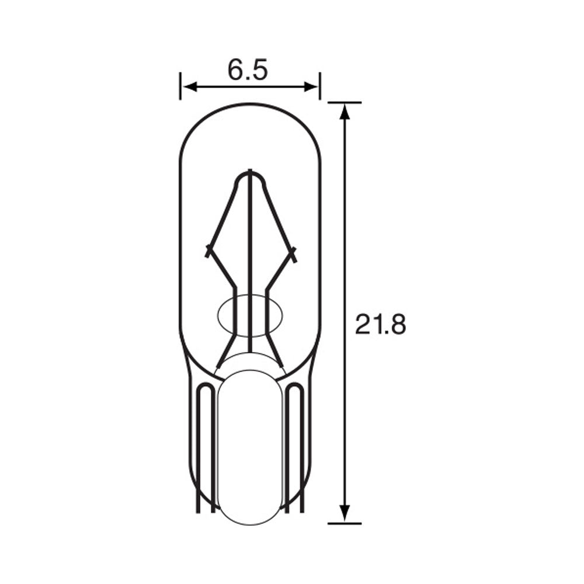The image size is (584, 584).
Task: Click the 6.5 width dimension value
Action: (x=248, y=71)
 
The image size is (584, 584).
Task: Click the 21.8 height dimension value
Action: (x=380, y=325)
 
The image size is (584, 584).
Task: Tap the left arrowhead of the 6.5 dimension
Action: (x=187, y=87)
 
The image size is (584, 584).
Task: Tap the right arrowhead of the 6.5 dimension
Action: (x=312, y=87)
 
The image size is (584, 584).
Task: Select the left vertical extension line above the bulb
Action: (x=180, y=86)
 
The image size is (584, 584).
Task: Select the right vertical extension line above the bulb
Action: (x=319, y=86)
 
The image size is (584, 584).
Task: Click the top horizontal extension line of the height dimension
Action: (x=345, y=102)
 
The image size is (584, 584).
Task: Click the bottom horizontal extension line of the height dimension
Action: (x=345, y=523)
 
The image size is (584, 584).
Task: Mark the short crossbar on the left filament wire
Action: (x=208, y=251)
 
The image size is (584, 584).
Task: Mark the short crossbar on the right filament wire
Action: (x=293, y=254)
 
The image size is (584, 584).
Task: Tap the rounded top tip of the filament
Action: (x=250, y=173)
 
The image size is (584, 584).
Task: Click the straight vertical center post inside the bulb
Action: (x=250, y=263)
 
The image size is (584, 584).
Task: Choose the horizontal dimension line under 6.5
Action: (x=250, y=87)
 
